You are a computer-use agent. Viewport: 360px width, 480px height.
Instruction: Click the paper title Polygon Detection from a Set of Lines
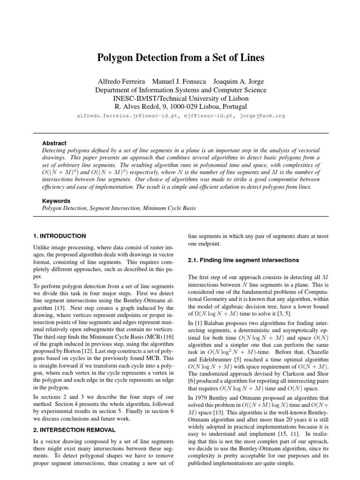pos(180,58)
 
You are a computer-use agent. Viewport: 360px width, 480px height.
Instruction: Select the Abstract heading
pos(54,143)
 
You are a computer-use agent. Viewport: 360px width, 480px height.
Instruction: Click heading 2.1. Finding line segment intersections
pos(243,260)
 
